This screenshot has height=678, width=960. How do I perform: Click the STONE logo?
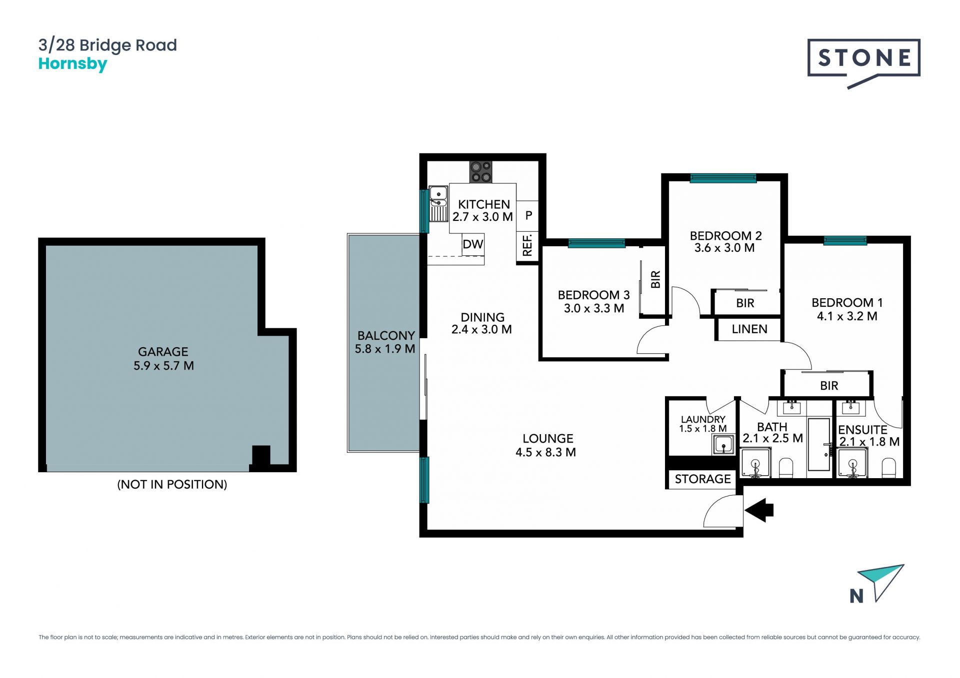[863, 61]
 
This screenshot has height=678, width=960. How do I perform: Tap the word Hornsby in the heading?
[73, 64]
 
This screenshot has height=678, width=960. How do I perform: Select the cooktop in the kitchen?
[480, 172]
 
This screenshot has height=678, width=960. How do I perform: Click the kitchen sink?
[438, 203]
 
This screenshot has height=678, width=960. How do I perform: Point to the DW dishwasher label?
[472, 244]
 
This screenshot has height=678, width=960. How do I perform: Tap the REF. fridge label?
[527, 246]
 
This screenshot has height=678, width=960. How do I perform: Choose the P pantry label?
[528, 215]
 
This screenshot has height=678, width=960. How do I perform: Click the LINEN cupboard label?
[749, 329]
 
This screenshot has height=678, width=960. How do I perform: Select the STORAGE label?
[702, 479]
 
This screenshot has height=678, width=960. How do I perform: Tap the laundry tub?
[722, 444]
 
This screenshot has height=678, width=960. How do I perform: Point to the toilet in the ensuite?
[888, 468]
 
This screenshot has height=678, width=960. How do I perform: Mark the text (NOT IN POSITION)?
[172, 484]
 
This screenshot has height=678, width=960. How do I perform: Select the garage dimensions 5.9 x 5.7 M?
[163, 366]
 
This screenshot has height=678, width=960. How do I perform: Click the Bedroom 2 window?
[723, 178]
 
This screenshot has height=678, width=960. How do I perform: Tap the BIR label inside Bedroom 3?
[655, 279]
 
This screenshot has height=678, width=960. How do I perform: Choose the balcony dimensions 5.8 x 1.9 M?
[385, 349]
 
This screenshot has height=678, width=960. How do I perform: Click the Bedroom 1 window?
[845, 241]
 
